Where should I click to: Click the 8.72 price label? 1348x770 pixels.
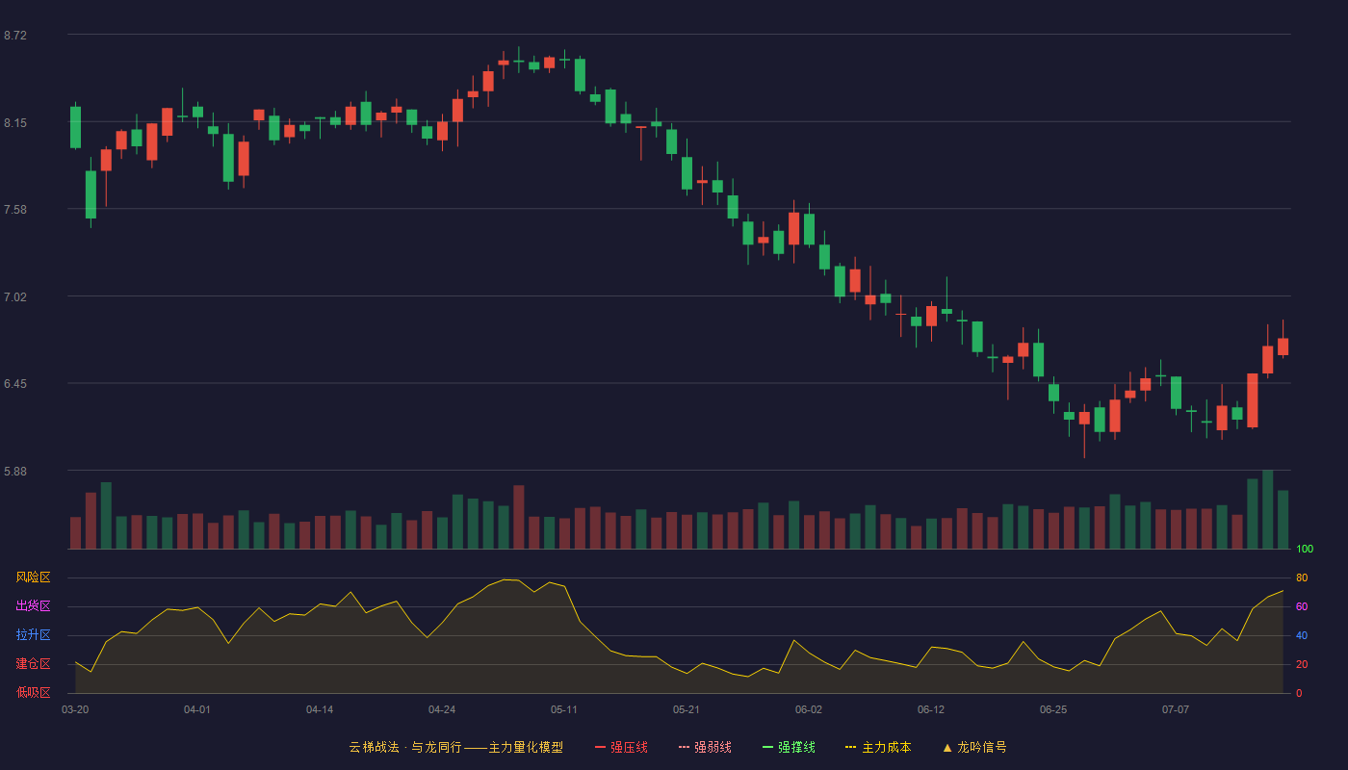(15, 36)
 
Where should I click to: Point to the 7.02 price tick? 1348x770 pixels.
(15, 297)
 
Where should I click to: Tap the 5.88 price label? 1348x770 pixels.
(15, 472)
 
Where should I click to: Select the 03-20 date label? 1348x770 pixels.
(75, 710)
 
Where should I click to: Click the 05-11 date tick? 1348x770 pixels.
(564, 710)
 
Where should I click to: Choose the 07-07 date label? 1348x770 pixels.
(1176, 710)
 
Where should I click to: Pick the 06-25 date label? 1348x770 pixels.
(1053, 710)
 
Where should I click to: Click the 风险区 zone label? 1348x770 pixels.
(33, 577)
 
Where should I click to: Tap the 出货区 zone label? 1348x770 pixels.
(33, 605)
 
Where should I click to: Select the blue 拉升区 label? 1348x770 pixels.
(33, 634)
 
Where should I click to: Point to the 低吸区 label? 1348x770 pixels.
(33, 692)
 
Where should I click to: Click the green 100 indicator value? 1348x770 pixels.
(1305, 549)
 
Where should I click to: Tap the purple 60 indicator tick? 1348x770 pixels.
(1302, 606)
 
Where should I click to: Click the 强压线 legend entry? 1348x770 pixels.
(621, 747)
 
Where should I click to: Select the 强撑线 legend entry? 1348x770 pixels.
(789, 747)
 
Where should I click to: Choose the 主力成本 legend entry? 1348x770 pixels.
(878, 747)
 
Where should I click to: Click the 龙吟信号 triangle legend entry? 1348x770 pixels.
(974, 747)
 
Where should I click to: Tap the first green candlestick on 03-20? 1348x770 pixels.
(75, 127)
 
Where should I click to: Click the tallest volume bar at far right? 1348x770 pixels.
(1267, 509)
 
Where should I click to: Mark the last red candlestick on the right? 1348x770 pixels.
(1283, 346)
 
